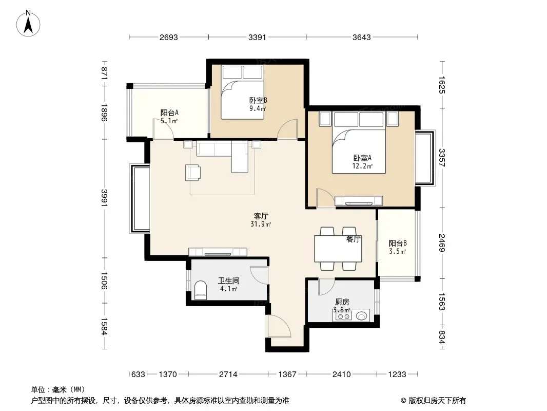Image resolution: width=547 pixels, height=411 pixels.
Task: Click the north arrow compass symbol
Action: [x=28, y=24]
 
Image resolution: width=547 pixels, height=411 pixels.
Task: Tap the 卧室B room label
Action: [x=258, y=101]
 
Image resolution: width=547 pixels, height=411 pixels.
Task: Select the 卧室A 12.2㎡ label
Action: [x=362, y=162]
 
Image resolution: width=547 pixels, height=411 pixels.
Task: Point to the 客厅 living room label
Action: [x=261, y=216]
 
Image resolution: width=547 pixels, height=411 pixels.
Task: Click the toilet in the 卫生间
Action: [x=200, y=290]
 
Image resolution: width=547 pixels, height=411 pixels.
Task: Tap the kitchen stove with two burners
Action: [x=344, y=316]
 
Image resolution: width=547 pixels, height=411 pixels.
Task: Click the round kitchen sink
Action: [x=362, y=316]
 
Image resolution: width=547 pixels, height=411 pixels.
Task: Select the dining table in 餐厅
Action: [x=338, y=249]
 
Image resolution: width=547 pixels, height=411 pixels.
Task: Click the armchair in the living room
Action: [x=192, y=173]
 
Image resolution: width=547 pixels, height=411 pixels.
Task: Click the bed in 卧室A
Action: [x=359, y=142]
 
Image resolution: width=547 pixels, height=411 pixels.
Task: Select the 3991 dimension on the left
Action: [x=104, y=198]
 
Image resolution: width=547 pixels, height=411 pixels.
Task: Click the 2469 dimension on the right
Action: [x=442, y=243]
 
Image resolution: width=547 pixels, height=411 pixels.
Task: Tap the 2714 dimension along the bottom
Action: [x=228, y=375]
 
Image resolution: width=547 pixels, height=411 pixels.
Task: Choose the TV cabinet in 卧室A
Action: [x=359, y=201]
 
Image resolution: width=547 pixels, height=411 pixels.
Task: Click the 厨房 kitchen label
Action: [x=342, y=302]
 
